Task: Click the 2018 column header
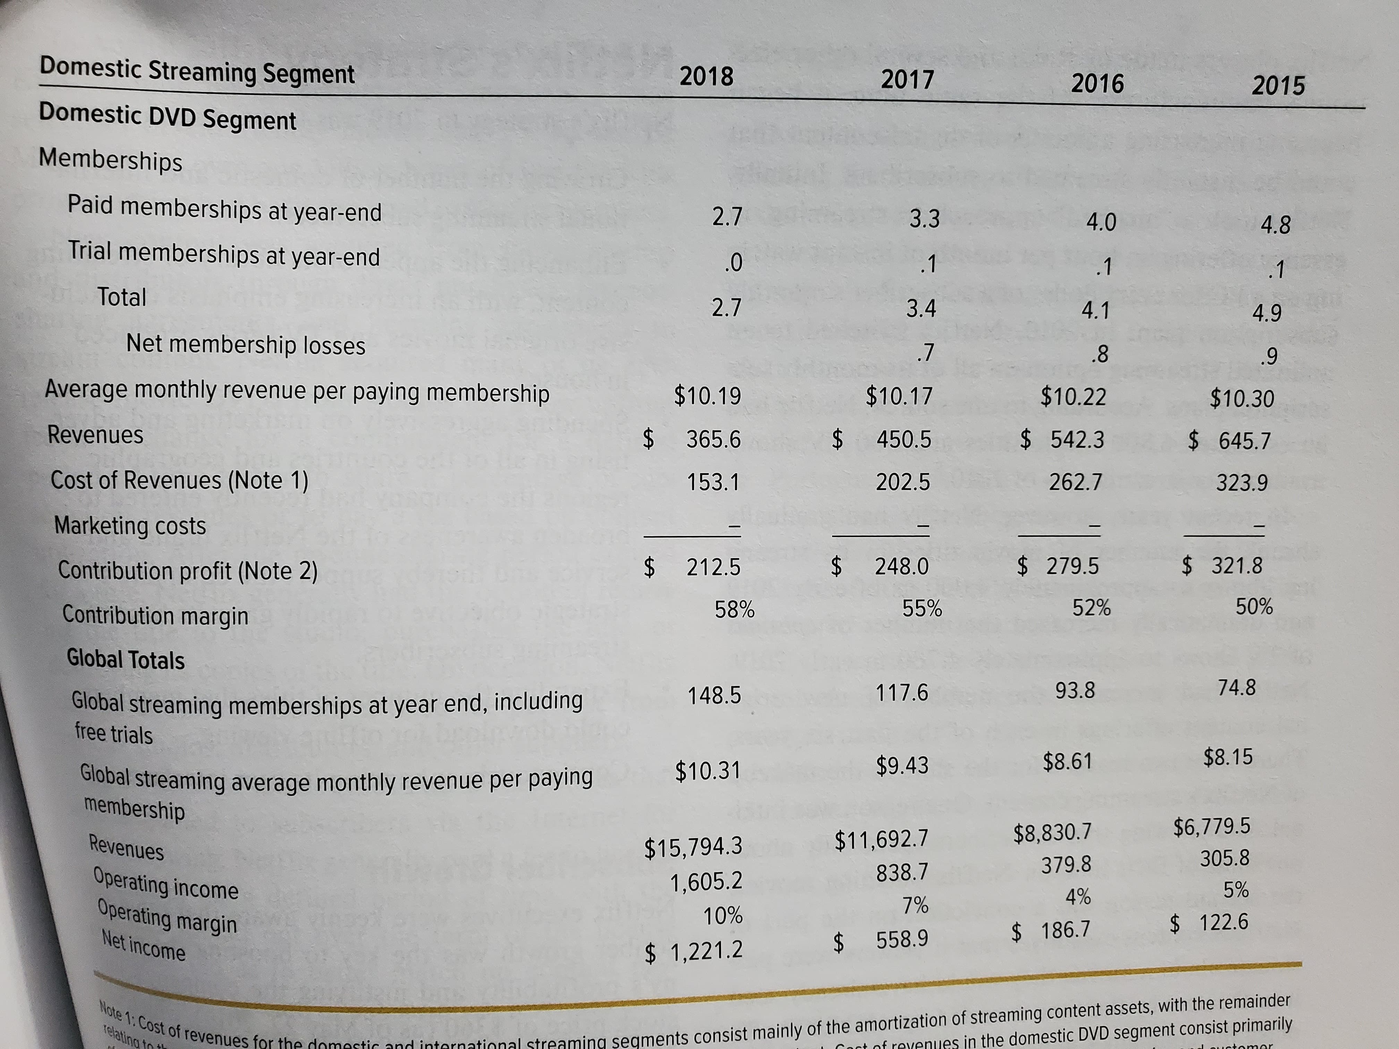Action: [x=706, y=77]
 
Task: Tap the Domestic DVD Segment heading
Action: [x=168, y=117]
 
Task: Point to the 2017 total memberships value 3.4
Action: [x=921, y=309]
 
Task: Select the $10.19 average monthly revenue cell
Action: [x=707, y=396]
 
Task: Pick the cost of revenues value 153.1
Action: [x=713, y=483]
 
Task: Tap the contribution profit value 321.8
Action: [x=1237, y=565]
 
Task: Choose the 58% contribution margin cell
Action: [x=734, y=609]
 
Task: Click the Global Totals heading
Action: [x=126, y=659]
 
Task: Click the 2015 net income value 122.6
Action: [x=1224, y=922]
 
